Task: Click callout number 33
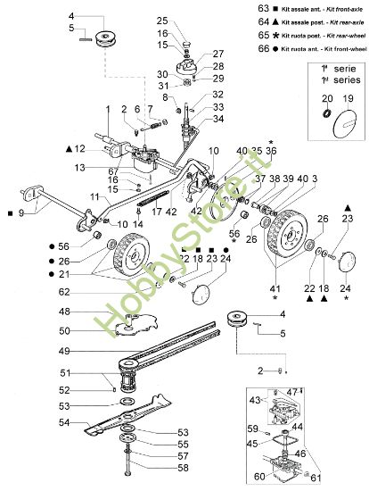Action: [218, 106]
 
